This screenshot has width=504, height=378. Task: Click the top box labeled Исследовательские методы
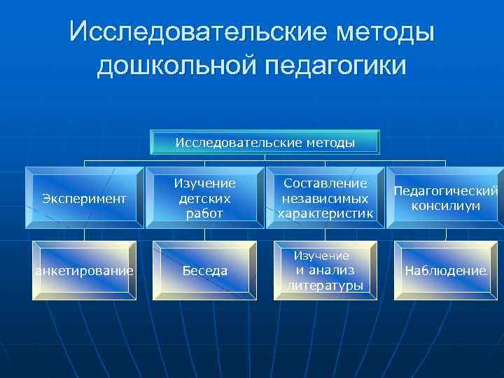click(x=265, y=142)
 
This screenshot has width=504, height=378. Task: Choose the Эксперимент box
click(x=84, y=198)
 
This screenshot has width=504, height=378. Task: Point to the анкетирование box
click(x=84, y=271)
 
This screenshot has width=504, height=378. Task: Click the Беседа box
click(x=204, y=271)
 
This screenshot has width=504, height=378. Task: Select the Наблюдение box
click(x=444, y=271)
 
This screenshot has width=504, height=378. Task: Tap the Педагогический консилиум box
click(x=445, y=198)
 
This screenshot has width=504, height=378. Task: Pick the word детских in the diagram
click(x=204, y=198)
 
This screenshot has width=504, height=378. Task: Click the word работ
click(x=204, y=213)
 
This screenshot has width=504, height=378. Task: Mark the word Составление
click(x=325, y=183)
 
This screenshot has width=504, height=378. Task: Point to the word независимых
click(x=325, y=198)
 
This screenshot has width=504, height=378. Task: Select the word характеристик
click(x=325, y=213)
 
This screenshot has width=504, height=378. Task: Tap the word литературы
click(x=325, y=285)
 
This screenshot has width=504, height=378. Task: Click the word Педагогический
click(x=445, y=191)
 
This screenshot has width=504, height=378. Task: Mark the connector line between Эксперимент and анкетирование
click(x=85, y=234)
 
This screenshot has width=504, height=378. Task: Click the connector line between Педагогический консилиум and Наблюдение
click(x=445, y=234)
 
